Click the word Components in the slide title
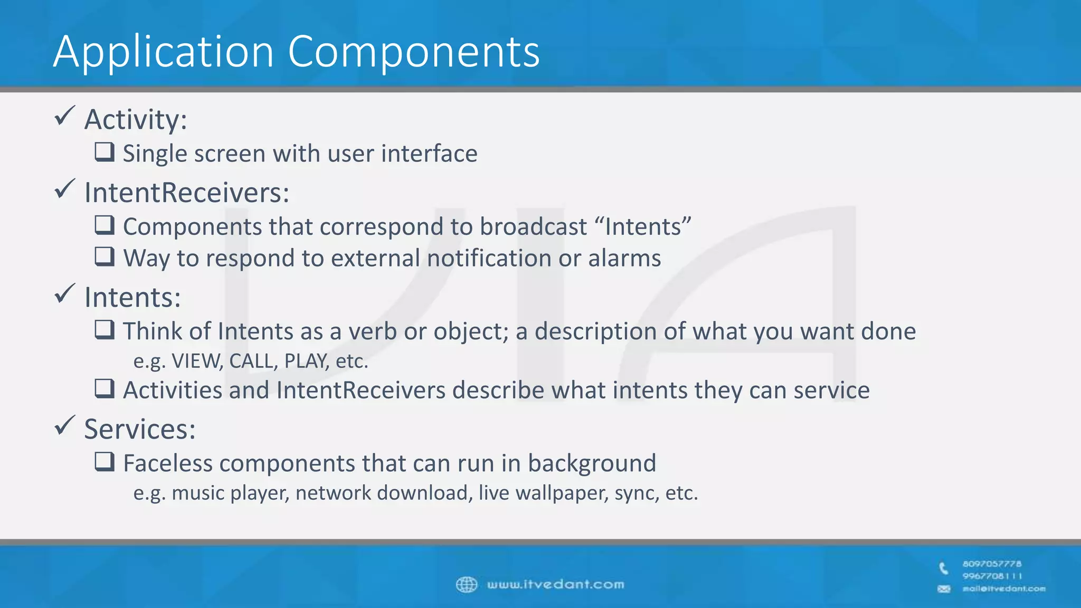pyautogui.click(x=413, y=52)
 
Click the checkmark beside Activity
pyautogui.click(x=65, y=116)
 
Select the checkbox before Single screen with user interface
pyautogui.click(x=105, y=152)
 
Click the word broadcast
pyautogui.click(x=533, y=227)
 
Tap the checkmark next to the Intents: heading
pyautogui.click(x=65, y=294)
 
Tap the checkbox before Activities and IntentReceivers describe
pyautogui.click(x=105, y=389)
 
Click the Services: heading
pyautogui.click(x=140, y=429)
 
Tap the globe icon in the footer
pyautogui.click(x=466, y=585)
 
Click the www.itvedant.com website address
pyautogui.click(x=555, y=585)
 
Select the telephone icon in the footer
pyautogui.click(x=944, y=568)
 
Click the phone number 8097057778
pyautogui.click(x=992, y=564)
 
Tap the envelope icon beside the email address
pyautogui.click(x=944, y=589)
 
